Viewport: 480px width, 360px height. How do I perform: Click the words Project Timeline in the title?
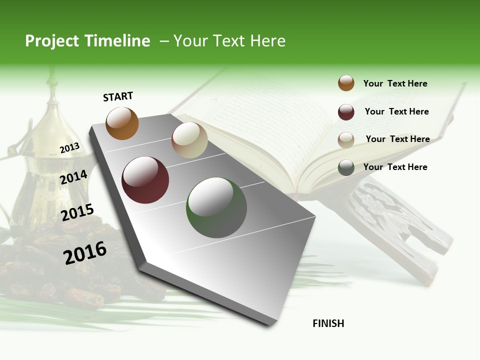click(87, 41)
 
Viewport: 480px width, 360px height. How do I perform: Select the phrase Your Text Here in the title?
click(229, 41)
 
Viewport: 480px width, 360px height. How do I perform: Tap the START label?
click(118, 96)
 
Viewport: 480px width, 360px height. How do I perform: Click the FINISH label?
click(328, 323)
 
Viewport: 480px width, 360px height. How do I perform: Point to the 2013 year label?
click(69, 148)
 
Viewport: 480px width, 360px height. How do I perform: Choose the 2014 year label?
click(73, 177)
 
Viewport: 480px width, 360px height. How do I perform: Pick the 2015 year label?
click(77, 212)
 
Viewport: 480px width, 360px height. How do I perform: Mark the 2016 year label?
click(85, 252)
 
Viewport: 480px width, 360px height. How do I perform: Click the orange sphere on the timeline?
click(122, 123)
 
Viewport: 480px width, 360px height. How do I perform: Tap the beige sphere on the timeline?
click(189, 140)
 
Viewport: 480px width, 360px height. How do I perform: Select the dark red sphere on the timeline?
click(145, 180)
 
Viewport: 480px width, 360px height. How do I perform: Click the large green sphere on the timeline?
click(216, 207)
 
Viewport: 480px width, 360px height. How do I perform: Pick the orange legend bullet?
click(346, 83)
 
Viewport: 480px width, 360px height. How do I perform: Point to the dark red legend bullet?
click(346, 112)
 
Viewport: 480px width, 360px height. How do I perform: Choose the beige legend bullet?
click(346, 140)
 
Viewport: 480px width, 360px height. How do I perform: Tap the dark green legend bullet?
click(346, 167)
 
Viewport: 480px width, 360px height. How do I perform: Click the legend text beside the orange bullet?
click(395, 83)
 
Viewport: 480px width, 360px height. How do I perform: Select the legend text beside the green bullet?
click(395, 167)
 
